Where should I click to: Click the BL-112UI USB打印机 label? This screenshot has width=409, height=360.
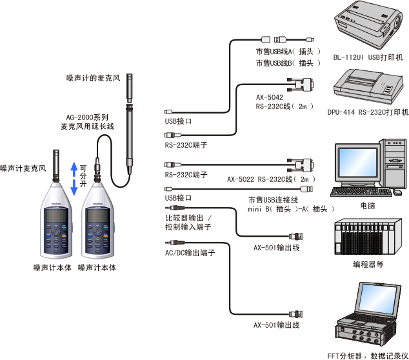coord(368,57)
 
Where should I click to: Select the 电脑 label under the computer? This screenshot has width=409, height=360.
coord(368,206)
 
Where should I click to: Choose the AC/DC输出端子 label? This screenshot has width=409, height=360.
coord(190,252)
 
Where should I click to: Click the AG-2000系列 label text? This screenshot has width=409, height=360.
coord(86,117)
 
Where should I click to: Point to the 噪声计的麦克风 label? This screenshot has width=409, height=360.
coord(94,78)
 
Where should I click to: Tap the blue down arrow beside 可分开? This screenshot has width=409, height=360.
coord(74,187)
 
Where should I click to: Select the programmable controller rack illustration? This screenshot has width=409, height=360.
coord(366,238)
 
